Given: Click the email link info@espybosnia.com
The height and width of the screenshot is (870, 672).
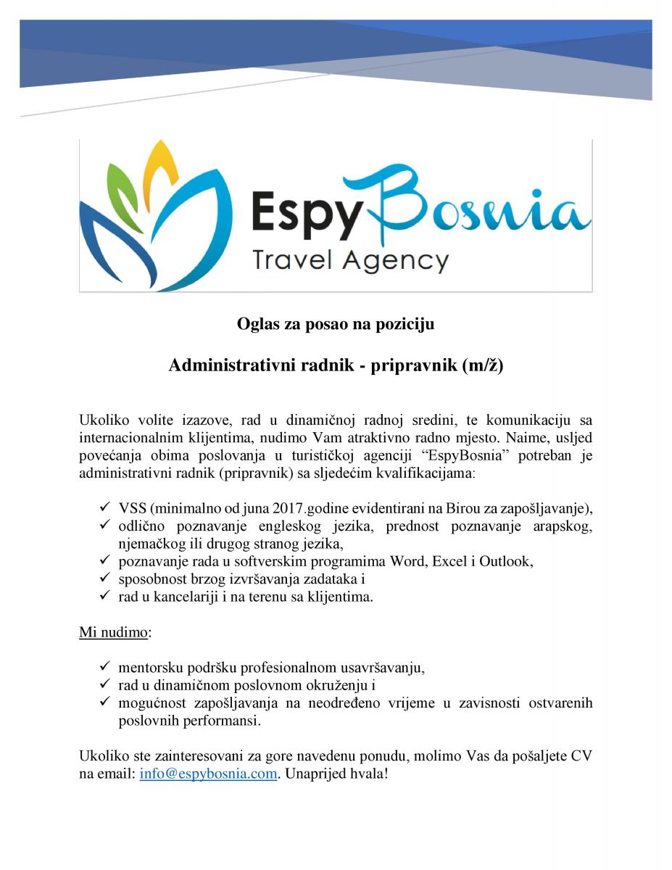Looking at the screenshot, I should tap(208, 773).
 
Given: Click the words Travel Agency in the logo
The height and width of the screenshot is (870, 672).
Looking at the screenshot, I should tap(349, 259).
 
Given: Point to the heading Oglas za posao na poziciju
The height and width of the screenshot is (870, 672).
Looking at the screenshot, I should tap(336, 324).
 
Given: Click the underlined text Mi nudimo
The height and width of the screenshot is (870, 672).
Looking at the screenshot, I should tap(114, 631).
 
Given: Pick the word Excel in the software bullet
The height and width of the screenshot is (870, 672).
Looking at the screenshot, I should tap(450, 561).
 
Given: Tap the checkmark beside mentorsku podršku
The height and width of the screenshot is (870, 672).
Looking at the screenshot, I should tap(105, 666).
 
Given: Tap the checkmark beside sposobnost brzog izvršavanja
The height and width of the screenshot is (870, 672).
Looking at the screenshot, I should tap(105, 579).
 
